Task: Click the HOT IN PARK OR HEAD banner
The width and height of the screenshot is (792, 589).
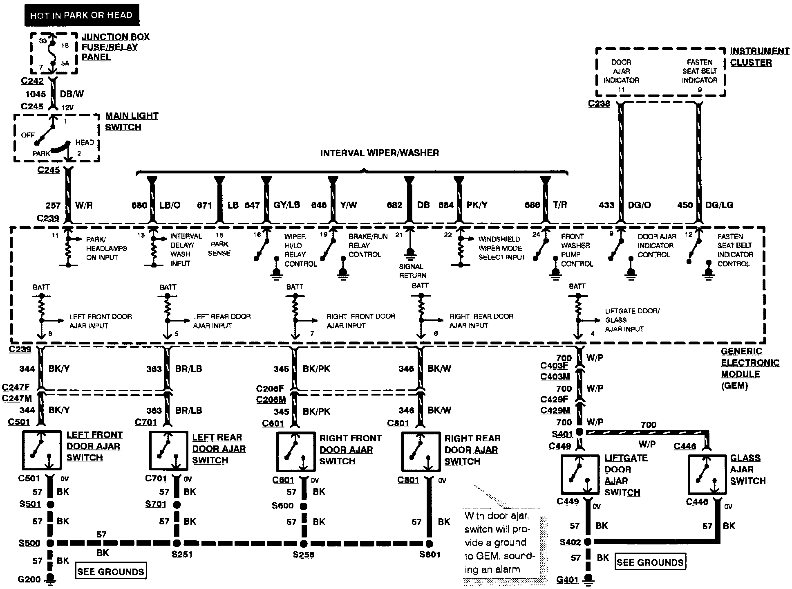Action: point(81,15)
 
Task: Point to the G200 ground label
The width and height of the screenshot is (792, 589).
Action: point(29,579)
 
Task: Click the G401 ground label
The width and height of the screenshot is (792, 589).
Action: point(567,580)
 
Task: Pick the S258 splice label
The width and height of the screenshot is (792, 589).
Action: point(303,555)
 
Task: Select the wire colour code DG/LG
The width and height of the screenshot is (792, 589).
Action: point(719,205)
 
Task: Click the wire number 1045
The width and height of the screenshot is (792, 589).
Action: point(35,94)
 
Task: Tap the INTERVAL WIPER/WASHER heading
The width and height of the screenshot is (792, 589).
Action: point(380,153)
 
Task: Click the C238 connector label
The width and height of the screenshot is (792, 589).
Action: point(599,104)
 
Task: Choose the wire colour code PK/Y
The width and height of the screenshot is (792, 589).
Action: point(477,205)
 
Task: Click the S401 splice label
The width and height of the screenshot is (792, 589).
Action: point(562,434)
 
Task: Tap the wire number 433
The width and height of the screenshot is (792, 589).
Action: point(606,205)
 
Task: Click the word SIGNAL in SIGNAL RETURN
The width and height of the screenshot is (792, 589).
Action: point(411,267)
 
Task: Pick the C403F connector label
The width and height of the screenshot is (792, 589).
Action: point(554,366)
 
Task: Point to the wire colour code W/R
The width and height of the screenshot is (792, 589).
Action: point(84,205)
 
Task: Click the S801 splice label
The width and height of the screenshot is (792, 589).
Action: point(430,555)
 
